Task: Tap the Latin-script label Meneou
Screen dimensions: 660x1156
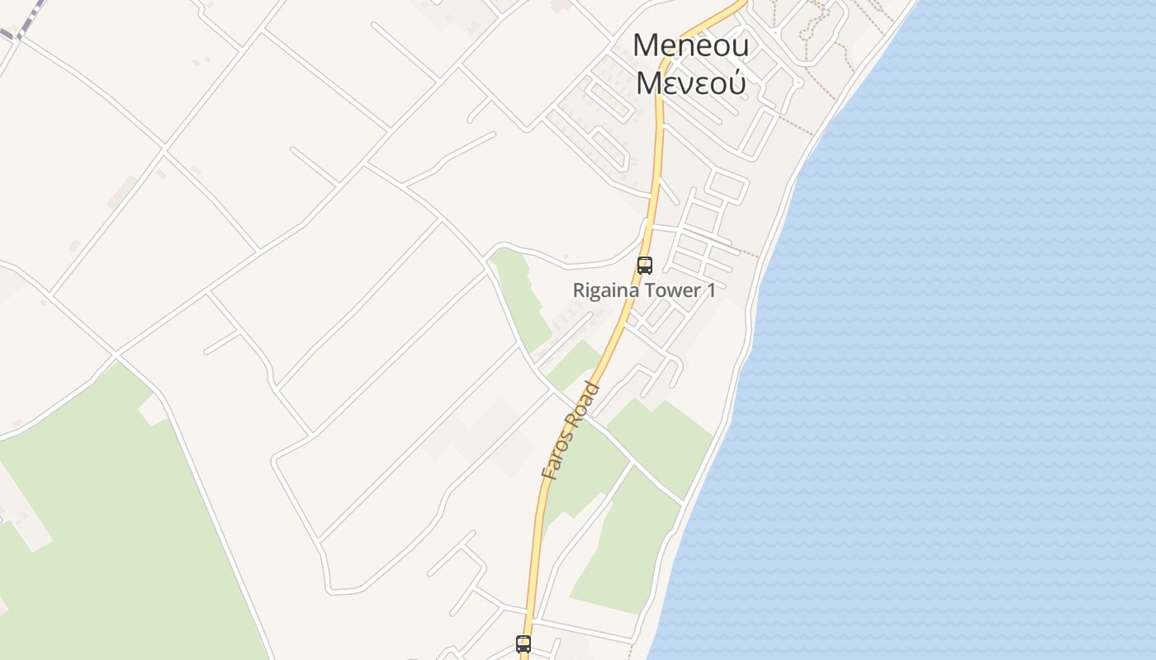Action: (690, 45)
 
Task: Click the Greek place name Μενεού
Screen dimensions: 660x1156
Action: (690, 82)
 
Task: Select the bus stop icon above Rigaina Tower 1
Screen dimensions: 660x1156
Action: (645, 266)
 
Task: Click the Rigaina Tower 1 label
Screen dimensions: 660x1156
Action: (644, 290)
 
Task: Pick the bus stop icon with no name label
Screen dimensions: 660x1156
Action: (524, 644)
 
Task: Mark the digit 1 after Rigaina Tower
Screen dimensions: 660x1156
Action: (711, 290)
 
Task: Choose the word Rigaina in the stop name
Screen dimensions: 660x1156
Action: (604, 290)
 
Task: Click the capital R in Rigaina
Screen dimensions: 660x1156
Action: (579, 290)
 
